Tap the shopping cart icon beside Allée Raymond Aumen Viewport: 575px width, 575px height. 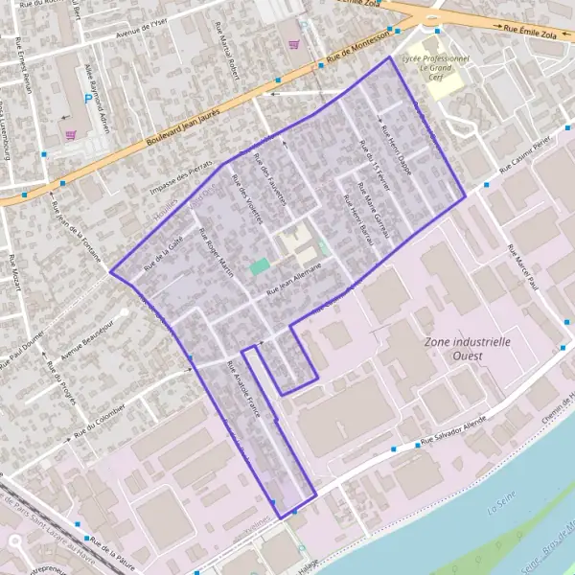(x=70, y=135)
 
